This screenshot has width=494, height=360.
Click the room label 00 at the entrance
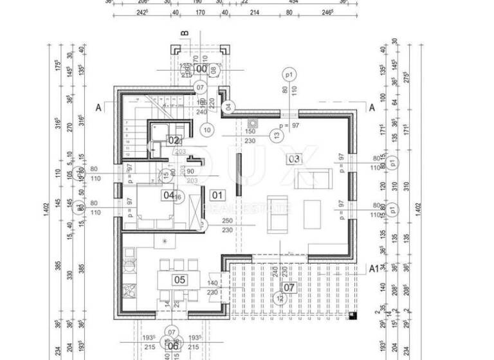[201, 69]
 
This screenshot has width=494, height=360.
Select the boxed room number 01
[217, 195]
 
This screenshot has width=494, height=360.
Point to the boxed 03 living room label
[293, 158]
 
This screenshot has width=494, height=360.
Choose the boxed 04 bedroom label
[169, 195]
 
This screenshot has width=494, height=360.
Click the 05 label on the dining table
[179, 280]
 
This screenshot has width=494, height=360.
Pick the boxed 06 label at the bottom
[172, 346]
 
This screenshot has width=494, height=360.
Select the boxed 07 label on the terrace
[289, 287]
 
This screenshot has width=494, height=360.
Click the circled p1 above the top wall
[289, 75]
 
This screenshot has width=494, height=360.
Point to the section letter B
[184, 33]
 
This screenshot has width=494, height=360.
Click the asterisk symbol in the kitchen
[165, 241]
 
